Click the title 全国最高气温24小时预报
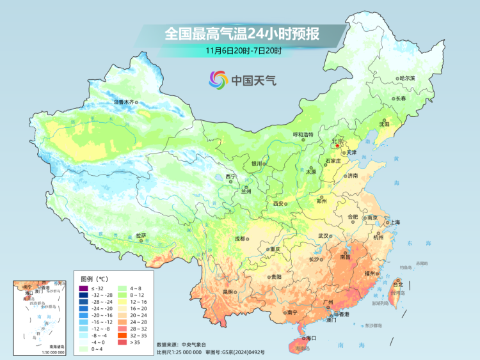point(242,33)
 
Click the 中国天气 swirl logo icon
point(218,80)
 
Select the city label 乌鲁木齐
point(125,102)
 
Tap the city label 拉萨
point(141,236)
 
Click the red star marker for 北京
point(339,146)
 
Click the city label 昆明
point(227,292)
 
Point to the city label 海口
point(312,338)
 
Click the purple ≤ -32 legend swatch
point(83,290)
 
